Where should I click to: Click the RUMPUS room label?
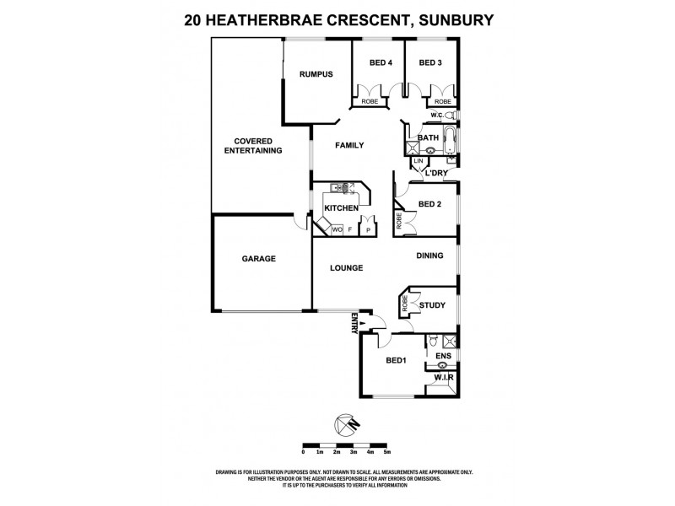click(x=316, y=74)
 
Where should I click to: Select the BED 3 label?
click(x=430, y=62)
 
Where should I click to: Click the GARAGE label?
click(x=259, y=259)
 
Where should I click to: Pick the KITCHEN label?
click(x=343, y=208)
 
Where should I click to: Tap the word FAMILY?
click(x=349, y=145)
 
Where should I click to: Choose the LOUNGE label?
click(x=346, y=268)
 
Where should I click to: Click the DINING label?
click(x=429, y=256)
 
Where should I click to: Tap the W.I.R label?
click(x=445, y=379)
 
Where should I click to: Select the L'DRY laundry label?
click(x=435, y=173)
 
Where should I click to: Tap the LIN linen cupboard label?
click(x=418, y=160)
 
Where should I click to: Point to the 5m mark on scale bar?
click(x=386, y=453)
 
